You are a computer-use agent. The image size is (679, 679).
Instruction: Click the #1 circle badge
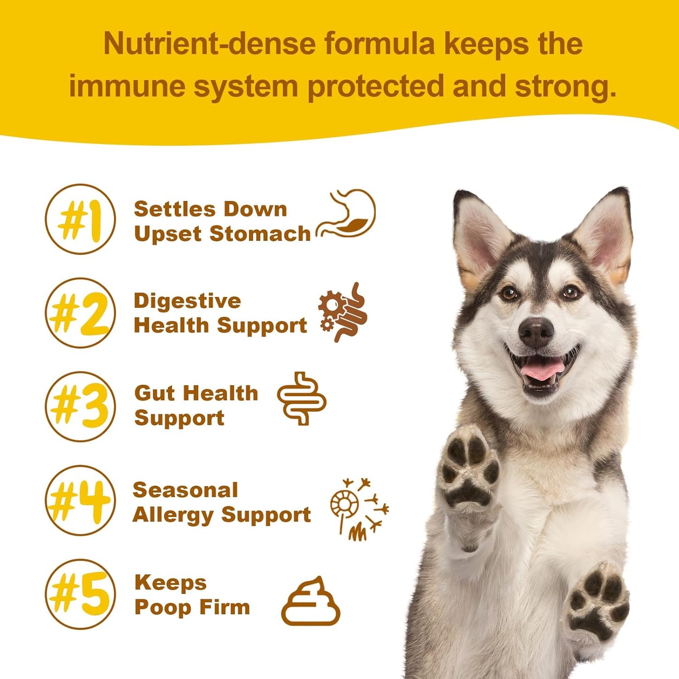[80, 219]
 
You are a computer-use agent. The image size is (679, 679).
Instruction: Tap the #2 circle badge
[80, 313]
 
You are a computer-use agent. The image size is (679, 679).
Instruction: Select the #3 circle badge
[80, 406]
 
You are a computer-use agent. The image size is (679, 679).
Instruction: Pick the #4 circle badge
[80, 500]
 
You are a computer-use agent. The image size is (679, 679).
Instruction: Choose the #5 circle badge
[80, 594]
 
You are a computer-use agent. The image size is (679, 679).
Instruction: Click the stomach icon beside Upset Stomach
[347, 214]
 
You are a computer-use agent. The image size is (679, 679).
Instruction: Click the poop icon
[311, 602]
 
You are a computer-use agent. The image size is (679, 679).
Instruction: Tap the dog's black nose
[536, 332]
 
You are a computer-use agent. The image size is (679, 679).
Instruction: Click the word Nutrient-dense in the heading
[209, 44]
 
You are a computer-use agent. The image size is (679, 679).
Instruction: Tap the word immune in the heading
[126, 86]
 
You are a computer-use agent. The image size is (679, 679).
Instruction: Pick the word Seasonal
[185, 491]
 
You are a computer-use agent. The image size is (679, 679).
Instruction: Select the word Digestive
[187, 301]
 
